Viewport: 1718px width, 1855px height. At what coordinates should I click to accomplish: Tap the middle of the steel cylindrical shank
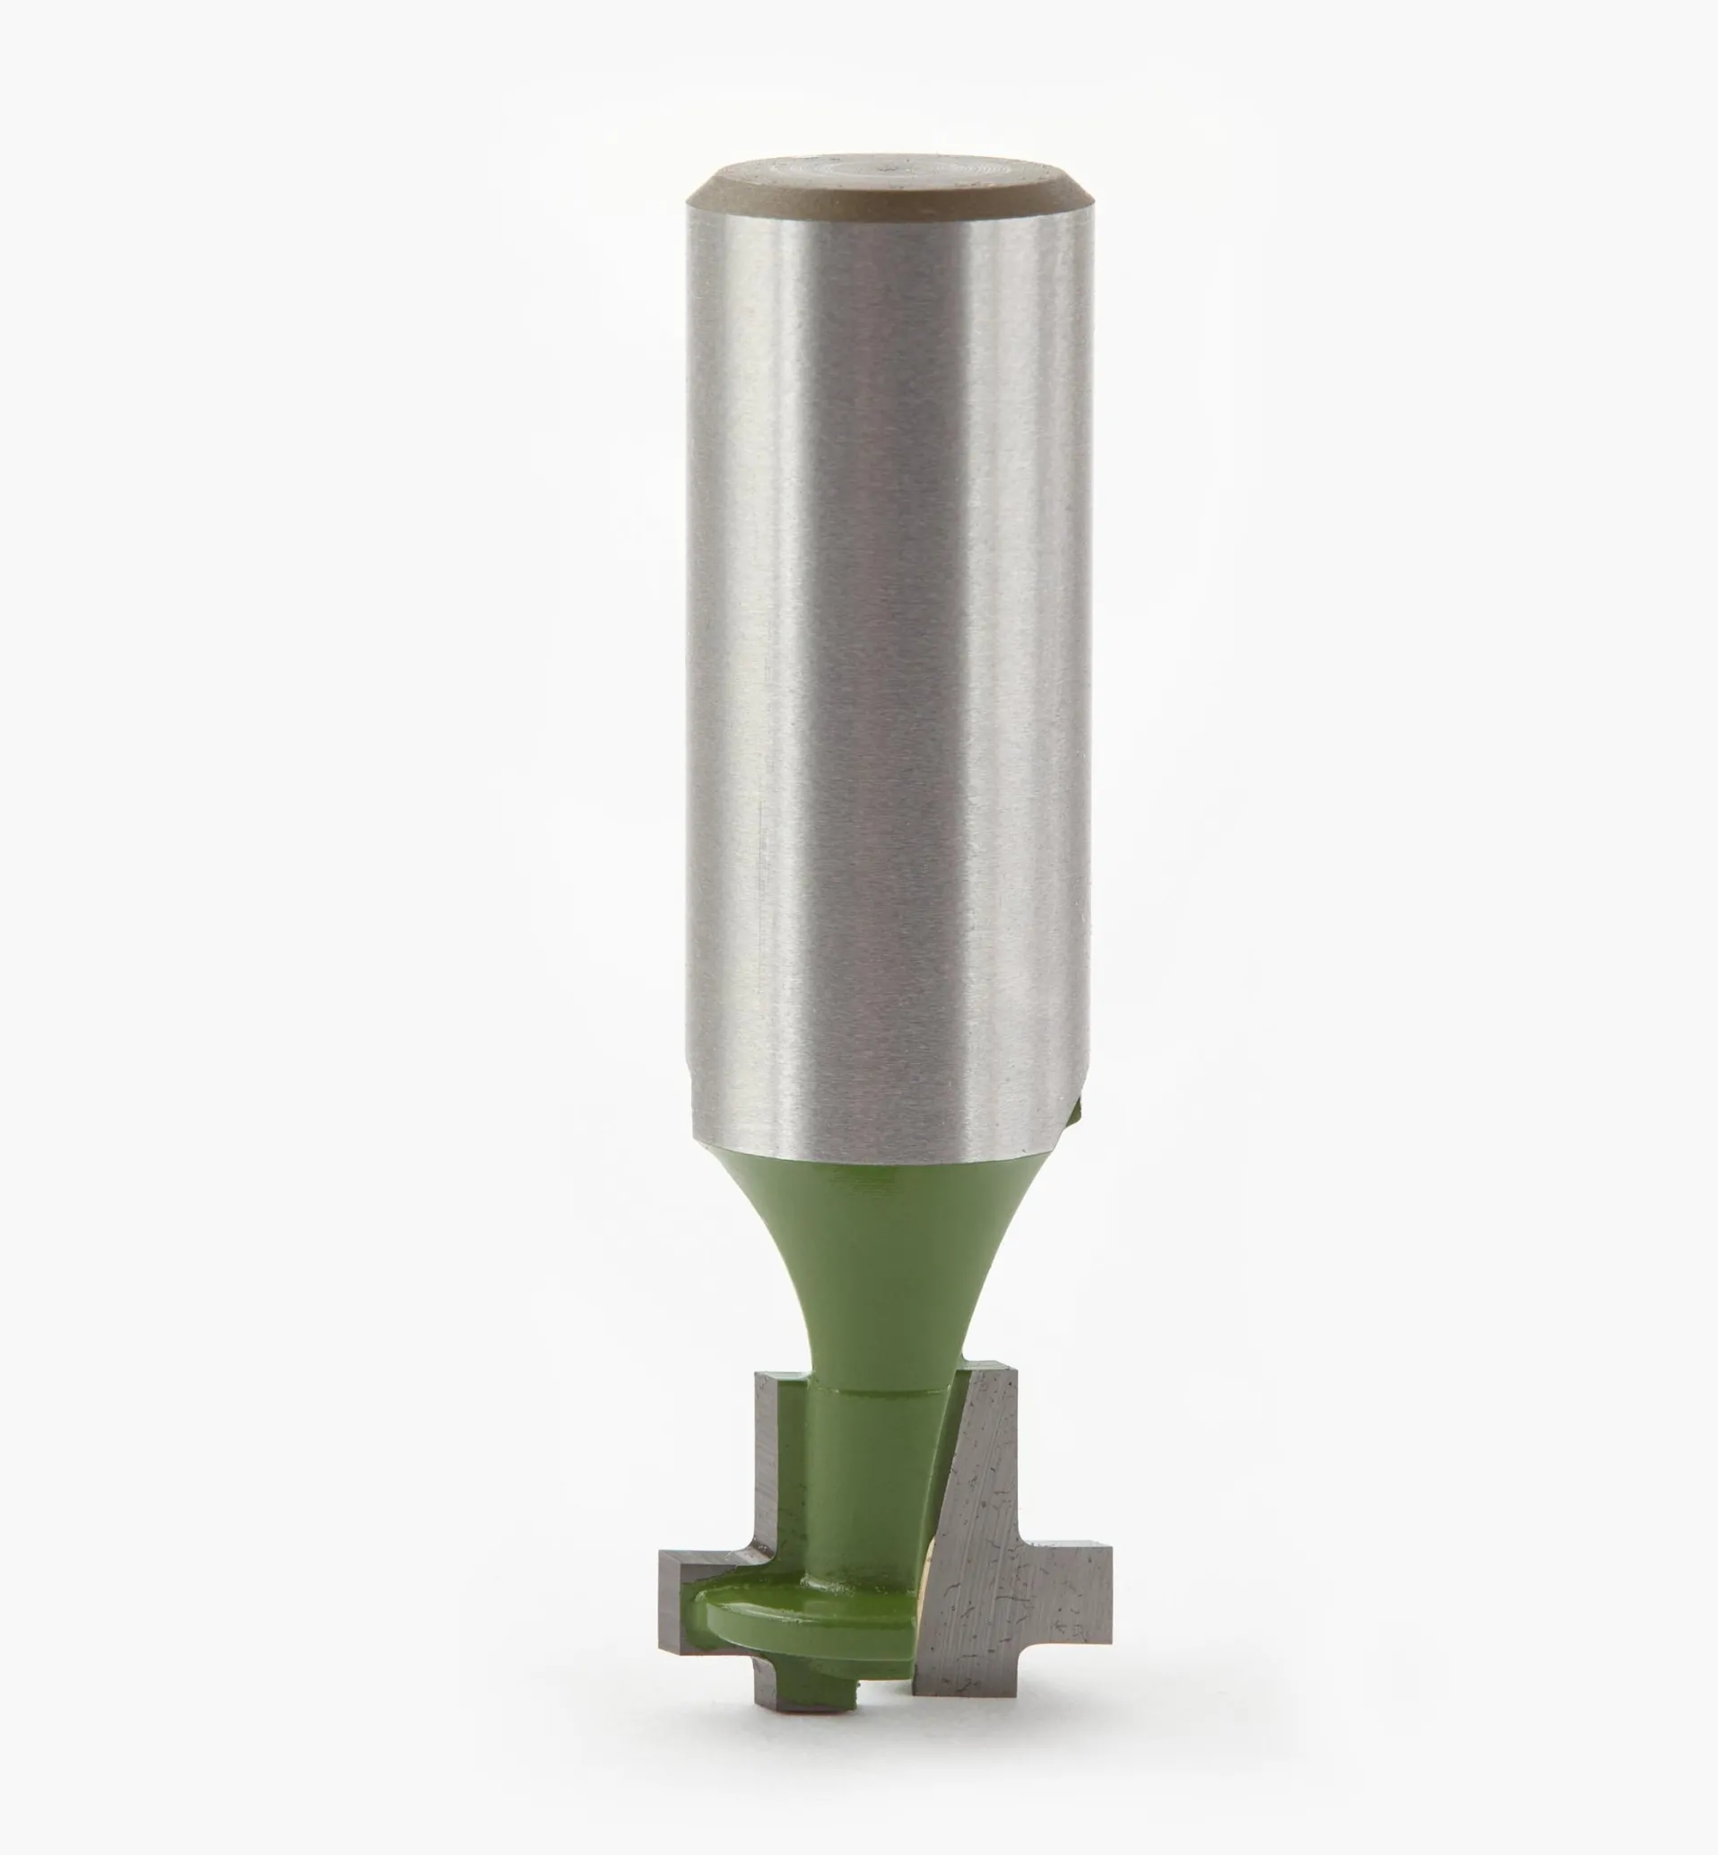click(x=888, y=651)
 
